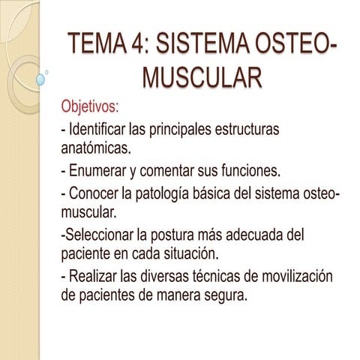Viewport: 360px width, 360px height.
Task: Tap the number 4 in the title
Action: [x=143, y=46]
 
